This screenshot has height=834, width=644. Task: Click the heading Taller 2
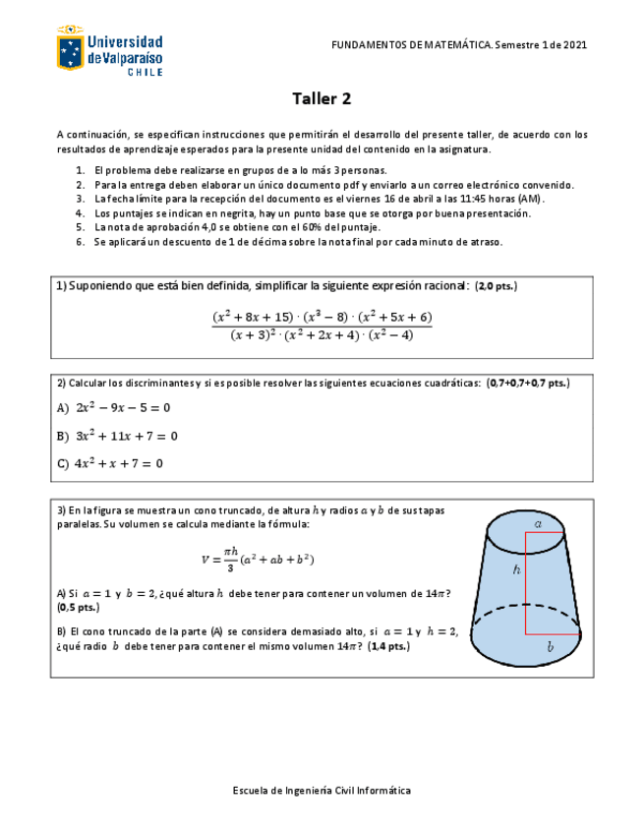[322, 98]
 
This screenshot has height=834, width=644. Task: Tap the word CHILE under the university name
[145, 72]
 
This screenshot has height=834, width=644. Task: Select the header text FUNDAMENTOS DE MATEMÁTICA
[412, 45]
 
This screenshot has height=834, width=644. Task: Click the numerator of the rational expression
[322, 317]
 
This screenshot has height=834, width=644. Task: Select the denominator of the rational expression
[322, 334]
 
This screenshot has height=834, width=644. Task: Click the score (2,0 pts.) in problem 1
[496, 286]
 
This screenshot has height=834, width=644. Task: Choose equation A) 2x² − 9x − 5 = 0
[114, 407]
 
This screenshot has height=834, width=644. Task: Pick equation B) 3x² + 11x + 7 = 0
[117, 436]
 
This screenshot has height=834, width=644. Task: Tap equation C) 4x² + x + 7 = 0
[110, 463]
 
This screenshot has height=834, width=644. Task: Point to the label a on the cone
[538, 524]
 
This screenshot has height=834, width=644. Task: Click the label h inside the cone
[515, 568]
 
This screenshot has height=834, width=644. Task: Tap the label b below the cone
[551, 647]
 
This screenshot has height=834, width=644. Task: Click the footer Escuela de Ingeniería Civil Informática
[322, 790]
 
